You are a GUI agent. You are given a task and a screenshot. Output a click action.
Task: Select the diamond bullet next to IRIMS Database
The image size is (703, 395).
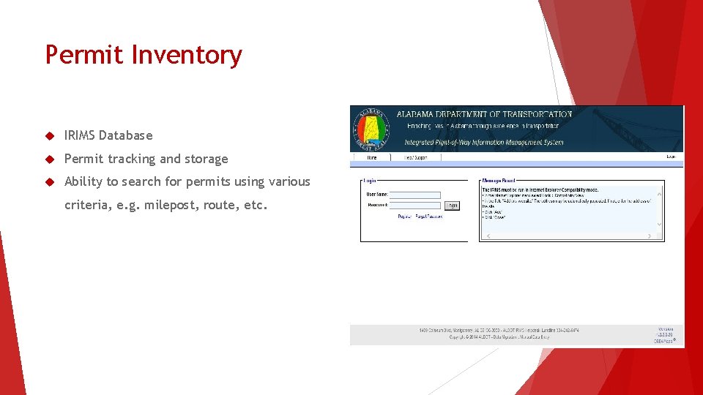pyautogui.click(x=50, y=135)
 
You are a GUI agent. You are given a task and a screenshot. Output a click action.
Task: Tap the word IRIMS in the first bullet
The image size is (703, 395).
pyautogui.click(x=80, y=135)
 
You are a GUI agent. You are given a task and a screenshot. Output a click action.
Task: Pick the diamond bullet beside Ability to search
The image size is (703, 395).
pyautogui.click(x=50, y=181)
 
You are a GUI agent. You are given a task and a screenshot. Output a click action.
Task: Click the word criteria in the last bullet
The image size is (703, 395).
pyautogui.click(x=88, y=205)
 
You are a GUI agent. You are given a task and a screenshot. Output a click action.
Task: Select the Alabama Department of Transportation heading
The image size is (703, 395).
pyautogui.click(x=484, y=114)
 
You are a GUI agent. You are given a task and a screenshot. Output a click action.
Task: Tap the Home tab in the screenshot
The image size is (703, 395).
pyautogui.click(x=371, y=157)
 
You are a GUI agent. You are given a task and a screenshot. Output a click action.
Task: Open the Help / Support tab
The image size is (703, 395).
pyautogui.click(x=415, y=157)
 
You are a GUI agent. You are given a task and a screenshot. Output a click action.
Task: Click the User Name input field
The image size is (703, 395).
pyautogui.click(x=414, y=195)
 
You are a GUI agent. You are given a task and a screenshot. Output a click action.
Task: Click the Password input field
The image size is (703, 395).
pyautogui.click(x=414, y=206)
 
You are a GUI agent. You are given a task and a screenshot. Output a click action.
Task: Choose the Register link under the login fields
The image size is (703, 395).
pyautogui.click(x=404, y=217)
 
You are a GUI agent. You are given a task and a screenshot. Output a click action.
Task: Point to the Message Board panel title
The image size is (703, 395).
pyautogui.click(x=499, y=180)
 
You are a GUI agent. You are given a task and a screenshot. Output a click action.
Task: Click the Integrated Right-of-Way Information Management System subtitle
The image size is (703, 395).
pyautogui.click(x=484, y=142)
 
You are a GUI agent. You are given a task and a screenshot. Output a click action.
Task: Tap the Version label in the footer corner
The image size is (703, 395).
pyautogui.click(x=665, y=329)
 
